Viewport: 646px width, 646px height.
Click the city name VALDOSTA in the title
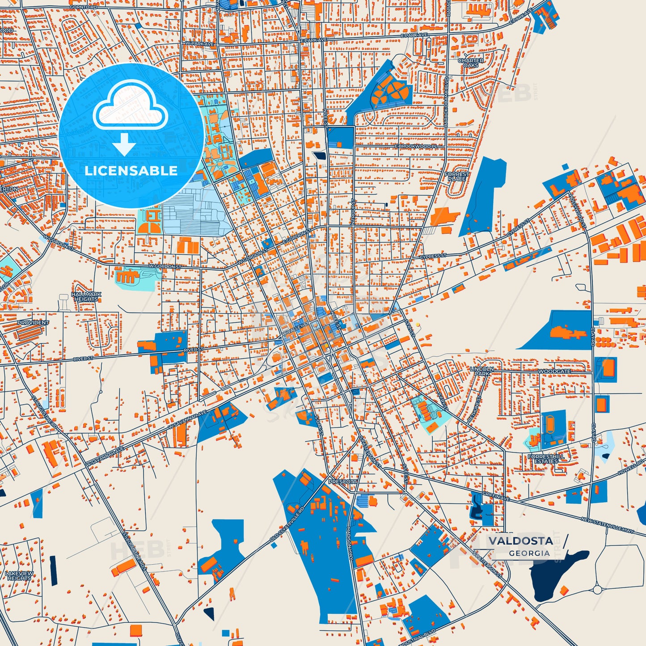pyautogui.click(x=520, y=541)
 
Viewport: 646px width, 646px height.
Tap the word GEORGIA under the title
pyautogui.click(x=529, y=553)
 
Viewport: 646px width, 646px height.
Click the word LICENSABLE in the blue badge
pyautogui.click(x=131, y=171)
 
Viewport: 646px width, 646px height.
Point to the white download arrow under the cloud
pyautogui.click(x=124, y=145)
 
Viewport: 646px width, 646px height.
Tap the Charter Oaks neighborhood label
pyautogui.click(x=471, y=63)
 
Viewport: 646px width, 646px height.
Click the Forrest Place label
pyautogui.click(x=457, y=177)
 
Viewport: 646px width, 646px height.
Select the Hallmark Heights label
pyautogui.click(x=86, y=297)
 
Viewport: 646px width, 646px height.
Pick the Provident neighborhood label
pyautogui.click(x=33, y=322)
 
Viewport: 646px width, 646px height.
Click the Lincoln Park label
pyautogui.click(x=481, y=371)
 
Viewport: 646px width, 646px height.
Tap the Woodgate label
pyautogui.click(x=554, y=372)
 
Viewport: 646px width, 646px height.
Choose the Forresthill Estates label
pyautogui.click(x=546, y=459)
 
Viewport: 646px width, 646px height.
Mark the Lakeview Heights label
pyautogui.click(x=19, y=575)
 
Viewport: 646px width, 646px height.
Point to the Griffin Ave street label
pyautogui.click(x=496, y=496)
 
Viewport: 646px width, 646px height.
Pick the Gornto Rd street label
pyautogui.click(x=83, y=8)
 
